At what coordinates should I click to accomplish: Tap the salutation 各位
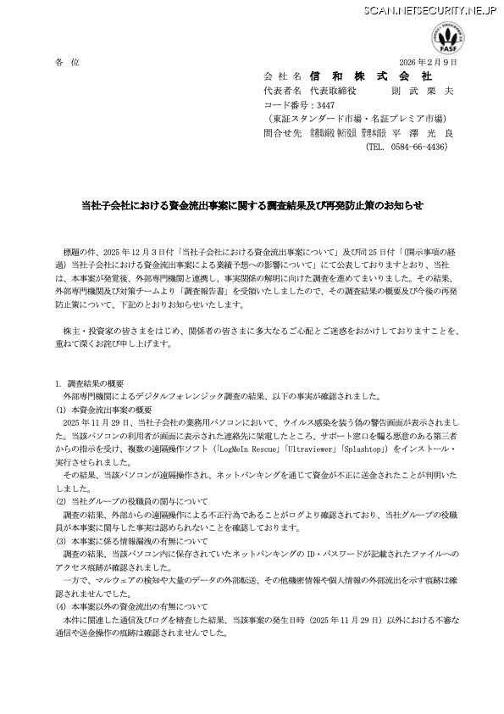65,63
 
